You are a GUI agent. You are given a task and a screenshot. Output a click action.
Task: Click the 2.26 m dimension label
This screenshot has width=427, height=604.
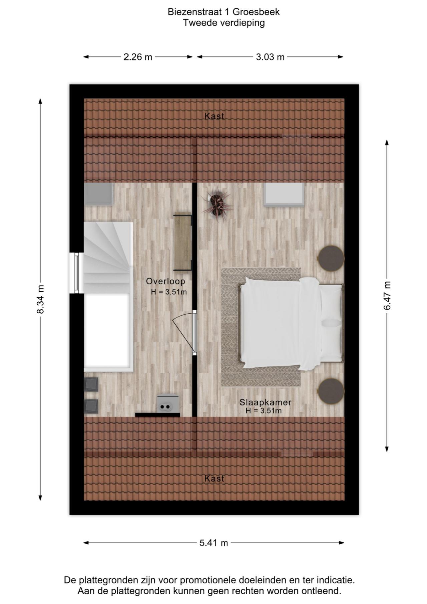pos(138,57)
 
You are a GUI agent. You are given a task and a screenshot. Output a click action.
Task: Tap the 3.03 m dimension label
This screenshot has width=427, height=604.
pos(270,57)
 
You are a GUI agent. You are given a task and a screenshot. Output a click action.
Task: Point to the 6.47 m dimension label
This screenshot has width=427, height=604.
pos(387,295)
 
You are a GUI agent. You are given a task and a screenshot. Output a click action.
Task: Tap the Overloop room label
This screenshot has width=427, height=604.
pos(165,281)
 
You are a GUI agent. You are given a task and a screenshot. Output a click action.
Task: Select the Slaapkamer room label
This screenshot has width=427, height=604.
pos(265,402)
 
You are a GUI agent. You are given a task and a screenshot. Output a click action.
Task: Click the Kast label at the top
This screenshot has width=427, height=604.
pos(214,116)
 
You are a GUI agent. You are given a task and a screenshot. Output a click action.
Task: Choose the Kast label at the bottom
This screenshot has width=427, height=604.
pos(214,479)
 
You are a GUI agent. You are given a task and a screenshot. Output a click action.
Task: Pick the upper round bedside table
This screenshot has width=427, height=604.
pos(331,258)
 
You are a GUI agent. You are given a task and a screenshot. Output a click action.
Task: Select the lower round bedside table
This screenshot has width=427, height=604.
pos(331,391)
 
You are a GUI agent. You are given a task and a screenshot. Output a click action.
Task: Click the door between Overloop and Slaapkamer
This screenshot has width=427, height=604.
pos(194,332)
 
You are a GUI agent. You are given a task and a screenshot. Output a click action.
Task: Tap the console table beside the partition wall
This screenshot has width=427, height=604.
pos(182,242)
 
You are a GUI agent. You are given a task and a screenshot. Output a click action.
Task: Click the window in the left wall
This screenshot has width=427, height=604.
pos(77,273)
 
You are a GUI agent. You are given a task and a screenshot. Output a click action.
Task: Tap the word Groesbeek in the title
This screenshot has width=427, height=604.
pos(256,12)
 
